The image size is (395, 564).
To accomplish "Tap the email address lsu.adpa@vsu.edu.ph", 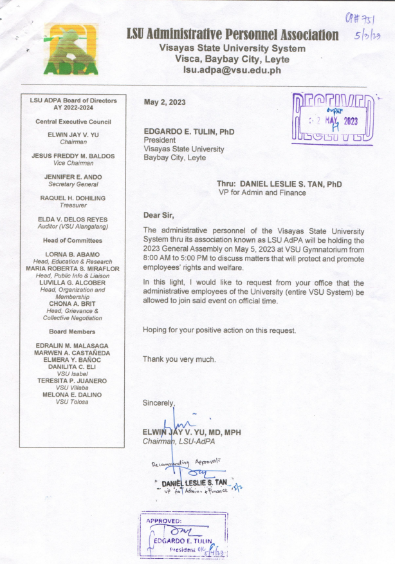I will pyautogui.click(x=232, y=70).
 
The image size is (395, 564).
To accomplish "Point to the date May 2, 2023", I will pyautogui.click(x=164, y=102).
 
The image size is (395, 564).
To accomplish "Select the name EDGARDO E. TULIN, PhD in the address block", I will pyautogui.click(x=188, y=131).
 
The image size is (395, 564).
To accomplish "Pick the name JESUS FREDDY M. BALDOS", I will pyautogui.click(x=73, y=156).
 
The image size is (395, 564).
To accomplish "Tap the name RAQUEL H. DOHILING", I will pyautogui.click(x=73, y=198).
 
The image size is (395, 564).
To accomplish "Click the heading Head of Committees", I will pyautogui.click(x=73, y=240).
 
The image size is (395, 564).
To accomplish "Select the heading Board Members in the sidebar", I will pyautogui.click(x=73, y=332).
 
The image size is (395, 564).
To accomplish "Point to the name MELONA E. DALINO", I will pyautogui.click(x=72, y=395).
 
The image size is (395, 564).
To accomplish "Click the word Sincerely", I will pyautogui.click(x=158, y=402).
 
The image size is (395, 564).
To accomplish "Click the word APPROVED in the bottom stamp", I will pyautogui.click(x=164, y=520).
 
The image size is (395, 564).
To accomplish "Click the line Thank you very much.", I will pyautogui.click(x=179, y=359).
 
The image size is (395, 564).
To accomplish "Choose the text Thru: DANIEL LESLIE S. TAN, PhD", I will pyautogui.click(x=279, y=184).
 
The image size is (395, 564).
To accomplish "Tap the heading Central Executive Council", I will pyautogui.click(x=73, y=121).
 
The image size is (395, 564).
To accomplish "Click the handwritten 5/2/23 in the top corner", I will pyautogui.click(x=367, y=37).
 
